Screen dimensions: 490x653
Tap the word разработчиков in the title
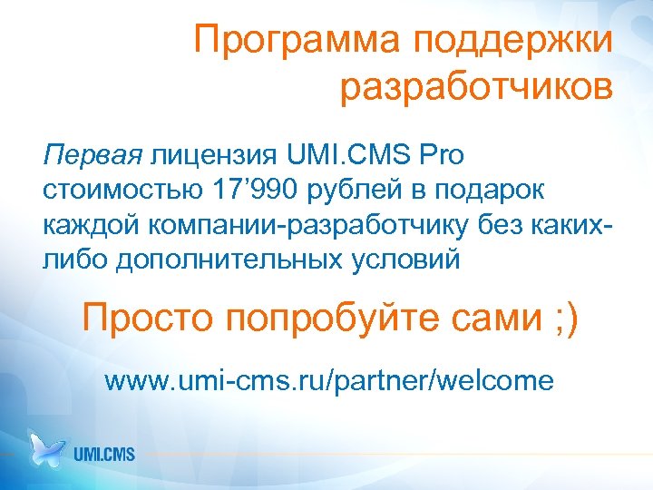[x=477, y=88]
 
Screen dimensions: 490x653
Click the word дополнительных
[x=229, y=260]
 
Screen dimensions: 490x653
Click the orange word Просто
[x=146, y=318]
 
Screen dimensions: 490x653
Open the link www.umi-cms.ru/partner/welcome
[x=328, y=380]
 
